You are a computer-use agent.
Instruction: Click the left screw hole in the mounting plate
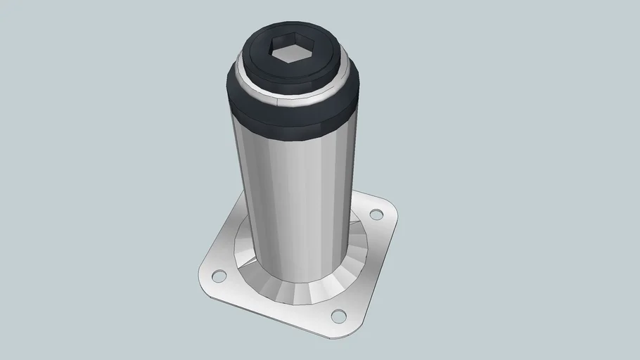point(219,275)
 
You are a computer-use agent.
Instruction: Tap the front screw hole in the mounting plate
point(338,316)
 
